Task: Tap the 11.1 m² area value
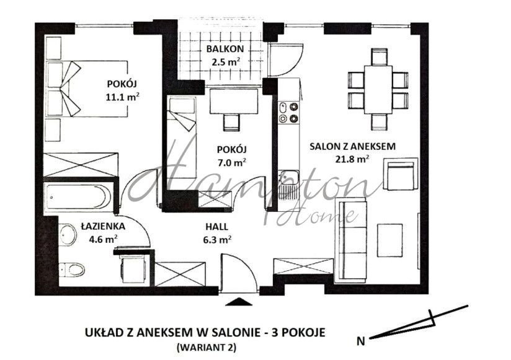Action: [122, 96]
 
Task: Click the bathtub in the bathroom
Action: [81, 196]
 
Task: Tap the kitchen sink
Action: [288, 181]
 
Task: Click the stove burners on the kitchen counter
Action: [288, 112]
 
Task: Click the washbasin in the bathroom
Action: [66, 234]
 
